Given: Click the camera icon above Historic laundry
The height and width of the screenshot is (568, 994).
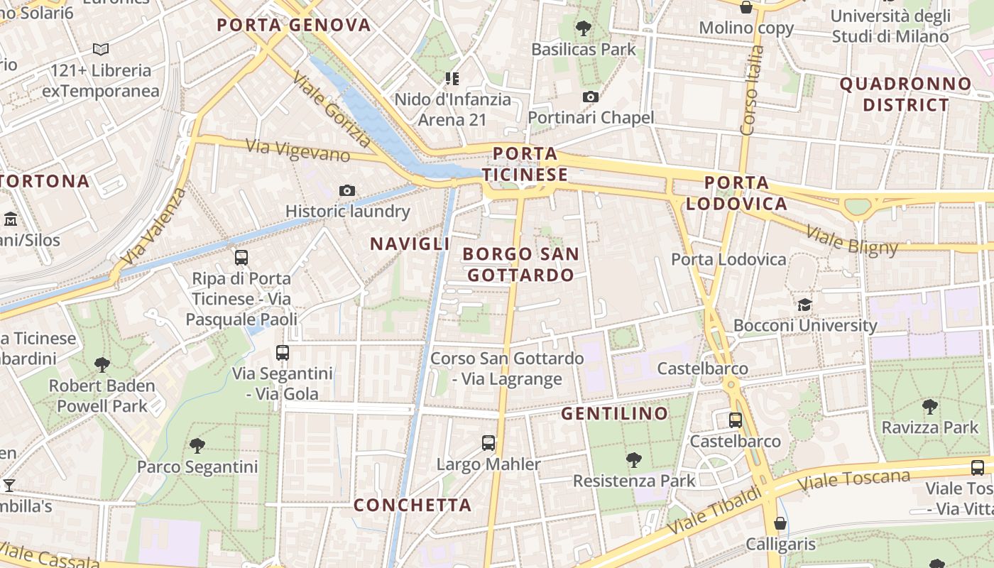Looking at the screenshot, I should (347, 190).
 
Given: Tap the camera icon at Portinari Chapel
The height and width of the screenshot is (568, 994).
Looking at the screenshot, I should (590, 97).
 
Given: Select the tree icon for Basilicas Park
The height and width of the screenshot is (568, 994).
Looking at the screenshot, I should (584, 28).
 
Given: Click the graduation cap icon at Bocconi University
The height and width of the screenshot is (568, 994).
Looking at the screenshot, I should (804, 305).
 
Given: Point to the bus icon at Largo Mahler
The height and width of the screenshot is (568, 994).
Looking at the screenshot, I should (488, 443).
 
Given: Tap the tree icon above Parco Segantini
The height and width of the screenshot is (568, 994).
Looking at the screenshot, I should (197, 446).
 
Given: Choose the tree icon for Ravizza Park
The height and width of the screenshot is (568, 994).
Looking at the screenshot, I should (930, 407).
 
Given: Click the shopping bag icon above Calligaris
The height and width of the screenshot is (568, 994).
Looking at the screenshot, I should (780, 523).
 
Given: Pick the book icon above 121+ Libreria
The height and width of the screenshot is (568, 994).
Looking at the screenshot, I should (101, 50).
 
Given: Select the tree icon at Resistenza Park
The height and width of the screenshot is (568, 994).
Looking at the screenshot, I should (634, 459).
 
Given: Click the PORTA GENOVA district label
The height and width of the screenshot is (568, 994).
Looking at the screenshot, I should (294, 26).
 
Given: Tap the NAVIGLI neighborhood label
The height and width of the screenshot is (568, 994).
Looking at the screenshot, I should (410, 244).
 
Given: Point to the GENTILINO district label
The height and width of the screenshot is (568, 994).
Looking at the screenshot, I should (615, 413).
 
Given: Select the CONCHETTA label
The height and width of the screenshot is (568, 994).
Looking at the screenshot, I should (413, 505).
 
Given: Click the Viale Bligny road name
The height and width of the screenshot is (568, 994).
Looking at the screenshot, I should (853, 239).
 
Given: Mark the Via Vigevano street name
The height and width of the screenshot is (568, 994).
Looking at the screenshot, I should (297, 150).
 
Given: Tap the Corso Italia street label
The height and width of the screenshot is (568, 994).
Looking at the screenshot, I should (751, 90).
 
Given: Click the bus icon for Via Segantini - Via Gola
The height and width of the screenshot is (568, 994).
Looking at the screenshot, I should (283, 352).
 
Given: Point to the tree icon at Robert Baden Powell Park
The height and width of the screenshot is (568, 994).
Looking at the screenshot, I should (102, 365).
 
